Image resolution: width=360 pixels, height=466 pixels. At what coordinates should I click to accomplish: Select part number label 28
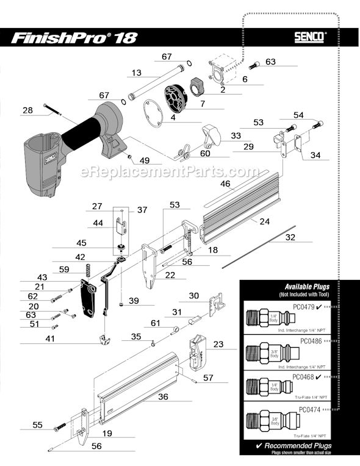tap(27, 110)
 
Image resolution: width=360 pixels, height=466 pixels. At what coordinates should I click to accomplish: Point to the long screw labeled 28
tap(54, 110)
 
